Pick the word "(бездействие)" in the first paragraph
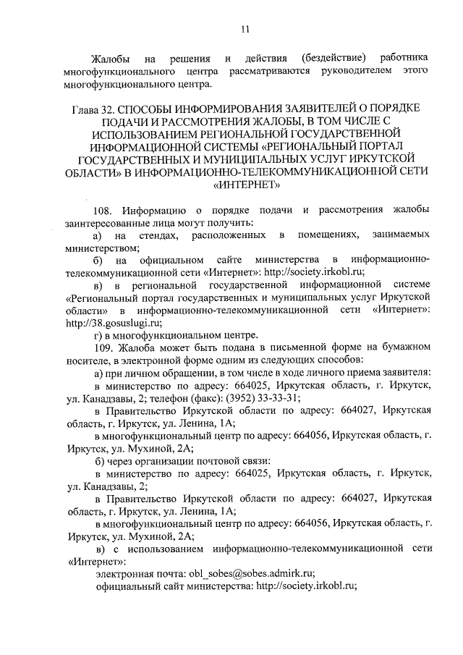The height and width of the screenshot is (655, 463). pyautogui.click(x=332, y=57)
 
